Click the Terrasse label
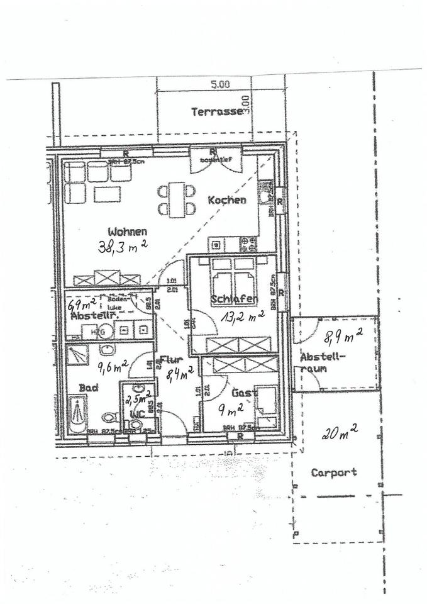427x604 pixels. (216, 112)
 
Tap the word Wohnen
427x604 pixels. (126, 231)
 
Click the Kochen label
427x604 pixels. (226, 200)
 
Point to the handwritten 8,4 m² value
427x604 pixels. (179, 376)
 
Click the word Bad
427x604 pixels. (87, 389)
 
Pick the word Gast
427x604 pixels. (242, 393)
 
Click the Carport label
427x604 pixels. (334, 472)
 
